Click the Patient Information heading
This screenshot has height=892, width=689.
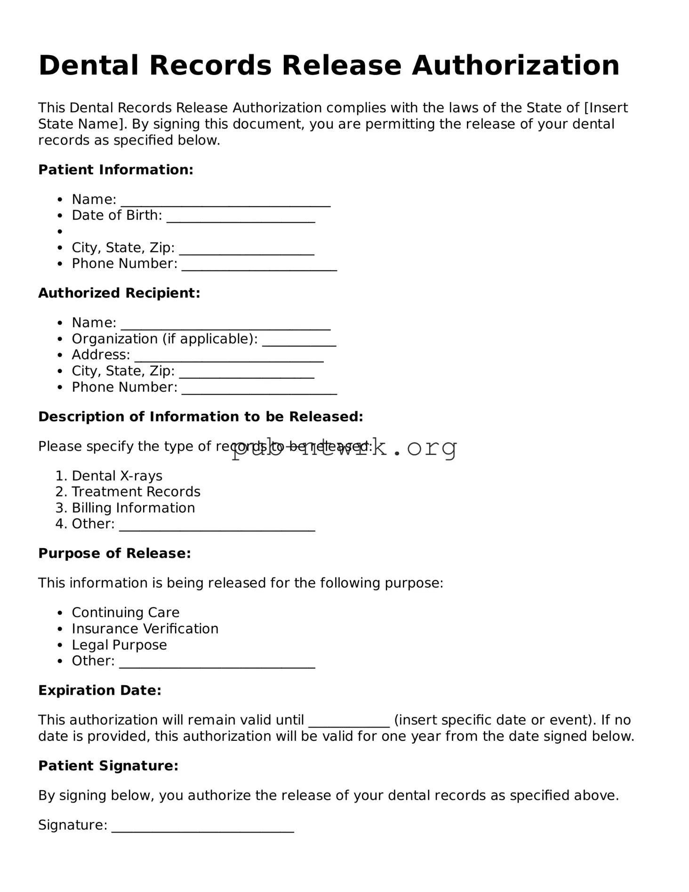point(116,170)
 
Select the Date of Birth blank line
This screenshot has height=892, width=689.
point(240,219)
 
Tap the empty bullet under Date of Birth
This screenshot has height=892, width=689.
point(60,232)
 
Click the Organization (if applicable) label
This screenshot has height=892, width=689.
point(164,339)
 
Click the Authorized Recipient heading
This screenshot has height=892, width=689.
point(119,293)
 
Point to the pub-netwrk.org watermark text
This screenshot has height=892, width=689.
point(344,447)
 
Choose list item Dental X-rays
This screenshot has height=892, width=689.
point(117,476)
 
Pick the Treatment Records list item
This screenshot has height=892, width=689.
point(136,492)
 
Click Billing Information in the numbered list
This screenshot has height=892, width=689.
point(133,508)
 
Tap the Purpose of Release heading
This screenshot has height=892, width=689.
point(114,554)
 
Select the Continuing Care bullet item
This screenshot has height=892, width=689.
point(125,613)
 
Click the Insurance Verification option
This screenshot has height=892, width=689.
point(145,629)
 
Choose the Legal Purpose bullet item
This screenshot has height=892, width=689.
point(119,645)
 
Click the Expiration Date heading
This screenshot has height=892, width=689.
point(100,691)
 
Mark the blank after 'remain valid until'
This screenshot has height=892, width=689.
point(349,724)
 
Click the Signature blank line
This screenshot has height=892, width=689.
point(202,829)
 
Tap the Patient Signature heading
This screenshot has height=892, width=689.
point(108,766)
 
